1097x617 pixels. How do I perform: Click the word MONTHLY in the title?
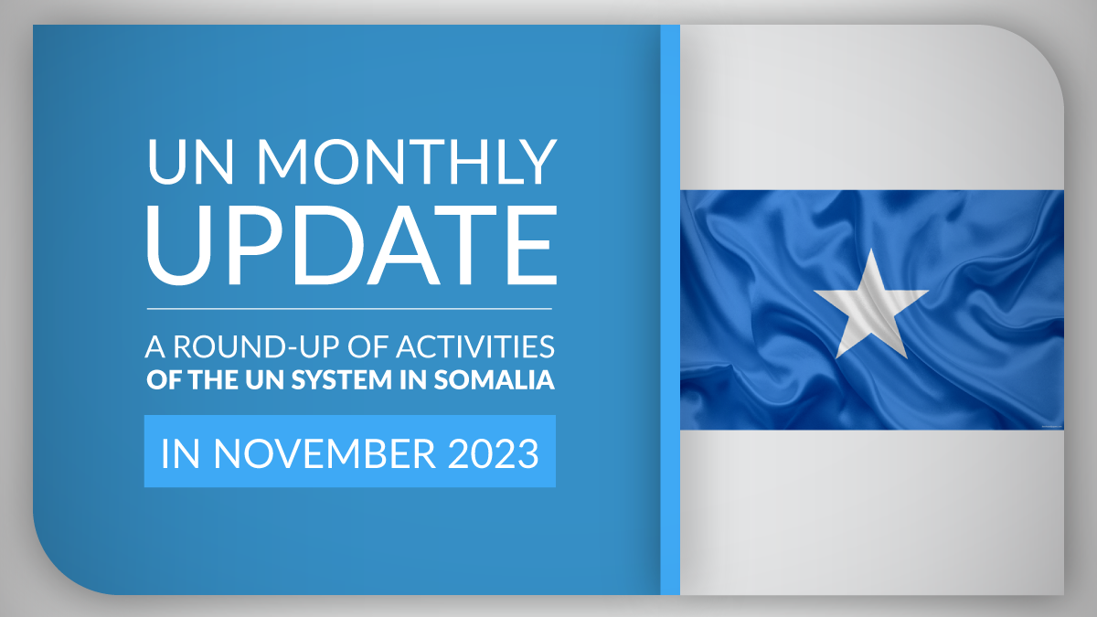(407, 162)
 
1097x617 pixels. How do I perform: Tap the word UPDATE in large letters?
(352, 245)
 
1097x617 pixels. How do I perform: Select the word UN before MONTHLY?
(190, 162)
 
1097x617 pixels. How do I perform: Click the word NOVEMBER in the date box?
(325, 454)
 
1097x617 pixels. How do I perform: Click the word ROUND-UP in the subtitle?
(256, 346)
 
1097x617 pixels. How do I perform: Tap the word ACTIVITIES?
(475, 346)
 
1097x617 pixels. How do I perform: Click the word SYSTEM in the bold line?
(342, 380)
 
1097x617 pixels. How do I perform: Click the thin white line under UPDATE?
(349, 309)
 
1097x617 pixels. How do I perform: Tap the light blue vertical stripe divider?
(670, 310)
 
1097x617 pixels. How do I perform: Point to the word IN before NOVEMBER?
(180, 454)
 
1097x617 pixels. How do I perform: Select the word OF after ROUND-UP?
(367, 346)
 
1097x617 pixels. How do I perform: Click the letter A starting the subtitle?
(155, 346)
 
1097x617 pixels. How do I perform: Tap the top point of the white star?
(871, 250)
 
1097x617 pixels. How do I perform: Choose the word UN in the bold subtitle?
(265, 380)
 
